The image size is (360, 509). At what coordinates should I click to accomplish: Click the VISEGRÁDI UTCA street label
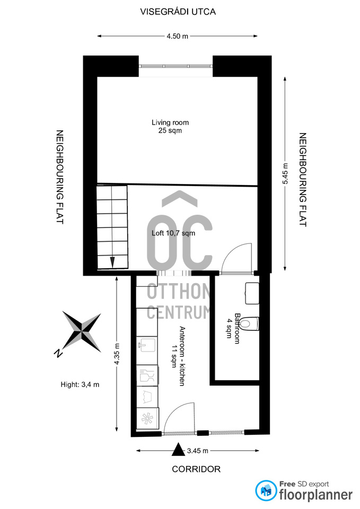(178, 12)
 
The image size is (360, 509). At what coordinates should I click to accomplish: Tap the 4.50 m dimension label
(177, 36)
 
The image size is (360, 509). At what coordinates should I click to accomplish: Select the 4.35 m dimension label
(117, 354)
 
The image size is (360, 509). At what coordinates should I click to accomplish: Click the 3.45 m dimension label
(198, 451)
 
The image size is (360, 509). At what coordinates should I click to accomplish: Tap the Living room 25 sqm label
(170, 126)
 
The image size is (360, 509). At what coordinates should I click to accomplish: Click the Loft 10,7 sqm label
(173, 233)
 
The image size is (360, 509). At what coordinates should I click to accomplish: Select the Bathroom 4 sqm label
(234, 328)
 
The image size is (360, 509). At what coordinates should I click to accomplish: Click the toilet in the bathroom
(251, 323)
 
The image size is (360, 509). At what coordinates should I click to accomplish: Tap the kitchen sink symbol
(147, 345)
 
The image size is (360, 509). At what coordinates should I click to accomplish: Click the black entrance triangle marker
(178, 450)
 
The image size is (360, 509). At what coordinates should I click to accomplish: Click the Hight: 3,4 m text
(80, 385)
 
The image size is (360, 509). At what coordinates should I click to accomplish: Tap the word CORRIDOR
(196, 469)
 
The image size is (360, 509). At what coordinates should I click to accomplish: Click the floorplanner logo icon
(266, 490)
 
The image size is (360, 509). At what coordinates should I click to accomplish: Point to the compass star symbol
(82, 331)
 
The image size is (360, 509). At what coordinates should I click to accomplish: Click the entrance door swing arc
(177, 412)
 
